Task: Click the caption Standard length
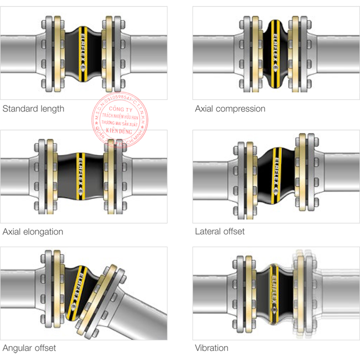pos(33,108)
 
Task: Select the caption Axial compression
pos(230,108)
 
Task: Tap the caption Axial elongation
pos(33,231)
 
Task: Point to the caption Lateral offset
pos(219,231)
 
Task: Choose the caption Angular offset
pos(29,347)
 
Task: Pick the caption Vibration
pos(211,347)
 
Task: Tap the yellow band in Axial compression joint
pos(275,52)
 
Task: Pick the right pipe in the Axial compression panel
pos(335,52)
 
